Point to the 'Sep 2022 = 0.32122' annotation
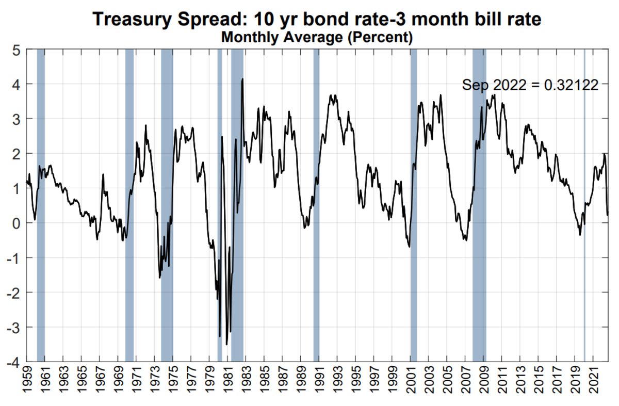(x=530, y=85)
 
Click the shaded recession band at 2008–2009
(x=479, y=206)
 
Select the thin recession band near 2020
(x=584, y=206)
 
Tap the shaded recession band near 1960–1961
(x=41, y=206)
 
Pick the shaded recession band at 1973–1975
(x=167, y=206)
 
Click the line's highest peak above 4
(x=242, y=79)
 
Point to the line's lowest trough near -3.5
(x=226, y=344)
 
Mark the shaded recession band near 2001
(x=414, y=206)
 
